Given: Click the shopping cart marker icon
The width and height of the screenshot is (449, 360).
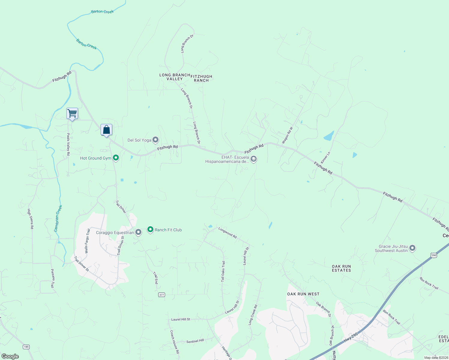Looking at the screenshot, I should [x=72, y=114].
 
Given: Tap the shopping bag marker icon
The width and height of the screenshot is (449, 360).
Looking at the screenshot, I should [x=106, y=130].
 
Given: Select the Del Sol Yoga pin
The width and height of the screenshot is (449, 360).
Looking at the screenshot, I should [x=155, y=140].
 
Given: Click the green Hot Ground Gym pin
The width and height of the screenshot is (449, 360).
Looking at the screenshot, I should [x=116, y=158].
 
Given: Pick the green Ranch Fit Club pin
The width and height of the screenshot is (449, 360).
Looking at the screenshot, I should [x=150, y=229].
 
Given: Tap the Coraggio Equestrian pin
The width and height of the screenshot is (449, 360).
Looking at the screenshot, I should [x=138, y=232].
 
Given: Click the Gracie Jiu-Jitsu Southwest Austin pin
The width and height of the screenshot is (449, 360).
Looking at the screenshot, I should [x=412, y=248].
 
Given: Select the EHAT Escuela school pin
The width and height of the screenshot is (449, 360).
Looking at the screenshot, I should [x=254, y=159].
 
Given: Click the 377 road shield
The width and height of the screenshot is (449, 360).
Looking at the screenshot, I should [x=161, y=295].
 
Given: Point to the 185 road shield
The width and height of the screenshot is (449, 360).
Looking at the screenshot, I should [x=26, y=347].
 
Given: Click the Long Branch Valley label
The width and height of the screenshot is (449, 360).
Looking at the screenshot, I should [x=175, y=77].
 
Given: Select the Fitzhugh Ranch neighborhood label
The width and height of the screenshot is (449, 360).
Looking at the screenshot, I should [x=201, y=78].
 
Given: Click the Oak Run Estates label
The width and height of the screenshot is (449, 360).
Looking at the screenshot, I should [x=341, y=268].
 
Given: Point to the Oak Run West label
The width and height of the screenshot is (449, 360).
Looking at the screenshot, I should [x=303, y=294].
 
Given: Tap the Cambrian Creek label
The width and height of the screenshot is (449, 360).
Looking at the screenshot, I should [x=58, y=218].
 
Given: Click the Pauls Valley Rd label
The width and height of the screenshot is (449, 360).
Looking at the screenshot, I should [x=68, y=144].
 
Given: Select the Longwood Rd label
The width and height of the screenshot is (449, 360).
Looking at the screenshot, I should [x=228, y=233].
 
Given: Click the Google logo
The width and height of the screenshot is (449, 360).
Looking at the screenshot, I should [x=10, y=356].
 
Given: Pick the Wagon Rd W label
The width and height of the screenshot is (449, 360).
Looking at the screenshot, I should [x=287, y=135].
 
